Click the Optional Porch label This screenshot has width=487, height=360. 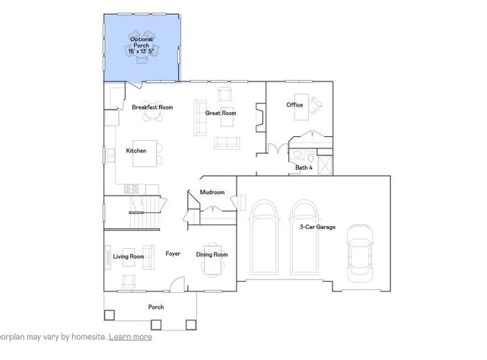tap(142, 44)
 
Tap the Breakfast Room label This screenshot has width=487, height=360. tap(152, 107)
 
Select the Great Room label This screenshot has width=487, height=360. tap(221, 113)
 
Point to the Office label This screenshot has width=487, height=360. tap(294, 105)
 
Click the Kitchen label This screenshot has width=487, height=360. tap(136, 151)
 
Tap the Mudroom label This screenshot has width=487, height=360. tap(212, 193)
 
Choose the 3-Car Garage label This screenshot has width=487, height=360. tap(317, 227)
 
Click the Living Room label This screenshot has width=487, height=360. tap(129, 256)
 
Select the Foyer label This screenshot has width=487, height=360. tap(173, 253)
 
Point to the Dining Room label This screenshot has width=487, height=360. tap(212, 254)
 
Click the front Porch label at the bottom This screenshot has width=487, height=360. tap(155, 307)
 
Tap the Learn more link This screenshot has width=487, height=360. tap(130, 336)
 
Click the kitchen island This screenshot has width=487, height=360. tap(154, 151)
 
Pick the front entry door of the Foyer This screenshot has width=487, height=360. tap(176, 285)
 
